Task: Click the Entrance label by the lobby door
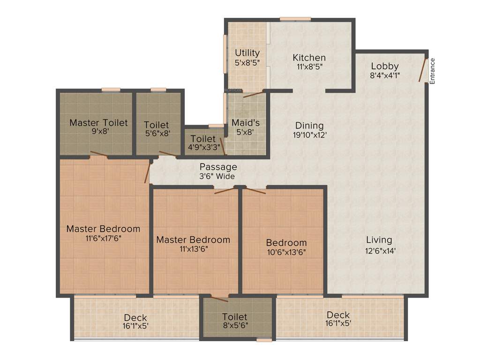(x=432, y=71)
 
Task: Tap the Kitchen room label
(x=309, y=58)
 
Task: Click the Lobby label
(x=384, y=66)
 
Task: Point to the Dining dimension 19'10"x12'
(x=309, y=135)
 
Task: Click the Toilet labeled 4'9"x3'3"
(x=203, y=139)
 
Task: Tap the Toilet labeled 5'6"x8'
(x=157, y=125)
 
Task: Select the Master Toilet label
(x=98, y=123)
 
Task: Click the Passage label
(x=218, y=167)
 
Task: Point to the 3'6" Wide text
(x=217, y=176)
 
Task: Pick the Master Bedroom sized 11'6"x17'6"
(x=103, y=229)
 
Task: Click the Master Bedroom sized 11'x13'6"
(x=193, y=240)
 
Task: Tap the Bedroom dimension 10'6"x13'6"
(x=286, y=252)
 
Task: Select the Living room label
(x=379, y=240)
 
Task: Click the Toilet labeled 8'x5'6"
(x=234, y=317)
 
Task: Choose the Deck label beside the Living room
(x=338, y=315)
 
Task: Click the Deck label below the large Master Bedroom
(x=135, y=317)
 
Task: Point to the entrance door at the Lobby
(x=423, y=70)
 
